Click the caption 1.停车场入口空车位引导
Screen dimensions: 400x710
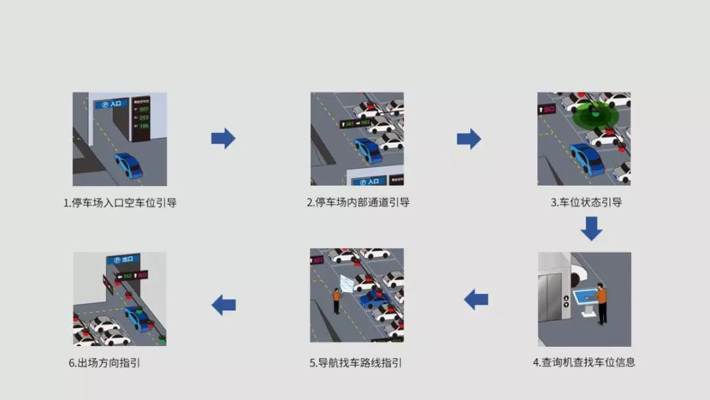click(x=120, y=203)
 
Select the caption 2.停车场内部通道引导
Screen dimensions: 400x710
click(x=358, y=203)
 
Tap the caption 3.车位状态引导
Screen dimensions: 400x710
click(x=586, y=203)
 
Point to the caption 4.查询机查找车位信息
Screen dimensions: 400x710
click(x=584, y=362)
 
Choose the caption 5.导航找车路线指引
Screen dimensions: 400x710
click(x=356, y=362)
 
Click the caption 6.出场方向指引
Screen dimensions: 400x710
click(x=105, y=362)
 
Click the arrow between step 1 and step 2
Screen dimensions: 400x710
click(x=223, y=138)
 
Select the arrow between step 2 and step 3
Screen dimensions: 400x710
click(x=469, y=138)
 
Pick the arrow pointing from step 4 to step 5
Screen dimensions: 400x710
click(x=476, y=300)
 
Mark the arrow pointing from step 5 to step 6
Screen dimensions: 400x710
click(x=224, y=305)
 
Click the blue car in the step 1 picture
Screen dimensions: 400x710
click(x=129, y=165)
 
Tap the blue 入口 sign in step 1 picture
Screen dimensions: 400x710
click(x=111, y=103)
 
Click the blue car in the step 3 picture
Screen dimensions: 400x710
click(x=586, y=159)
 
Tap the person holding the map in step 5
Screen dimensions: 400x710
click(x=336, y=299)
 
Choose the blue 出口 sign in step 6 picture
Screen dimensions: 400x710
click(x=122, y=259)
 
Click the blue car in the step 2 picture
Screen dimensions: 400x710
click(x=367, y=150)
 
